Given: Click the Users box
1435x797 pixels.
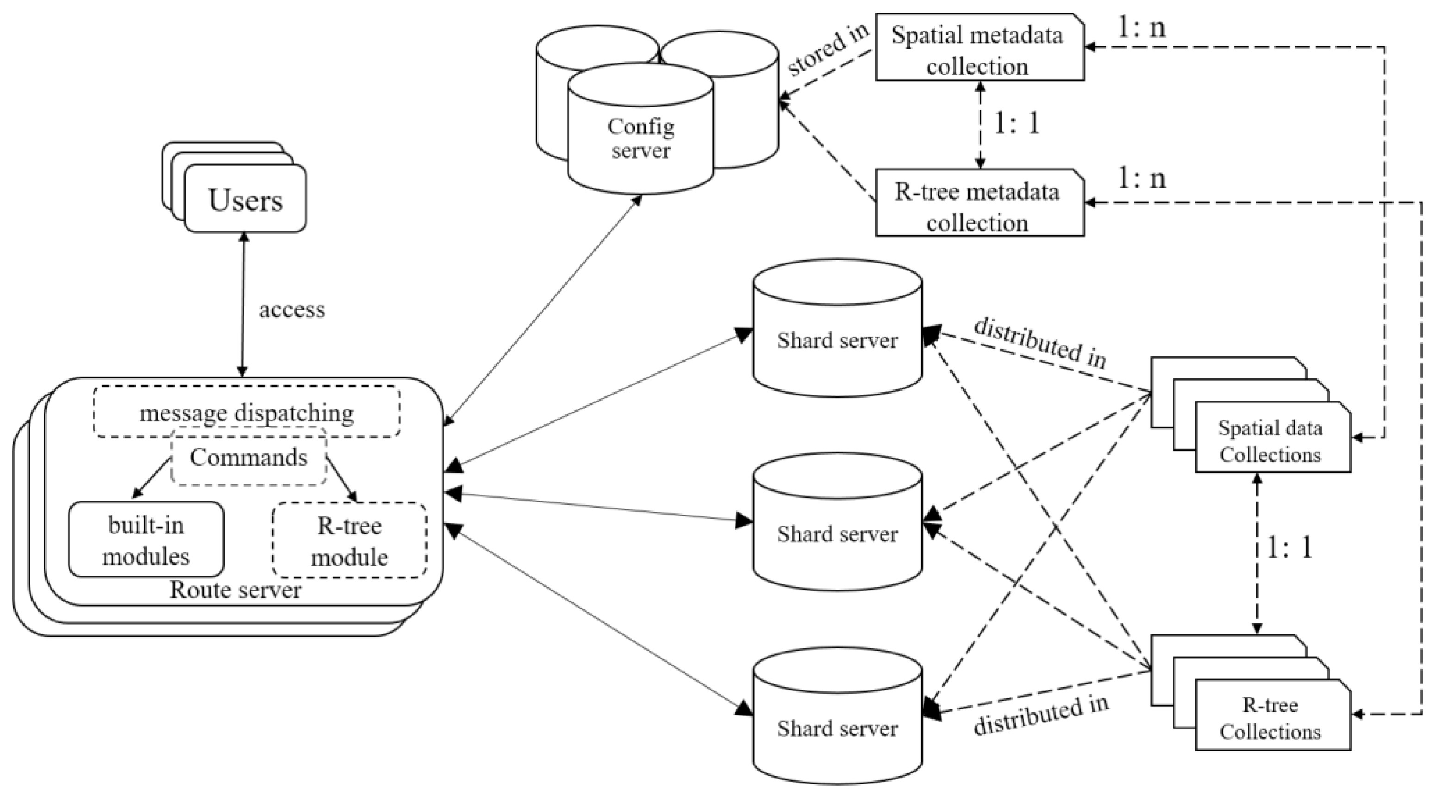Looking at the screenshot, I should pos(245,200).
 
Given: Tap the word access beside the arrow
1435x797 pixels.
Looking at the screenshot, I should pos(291,310).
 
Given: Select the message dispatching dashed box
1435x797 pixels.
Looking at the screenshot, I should pos(246,413).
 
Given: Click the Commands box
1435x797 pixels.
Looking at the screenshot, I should pos(249,458).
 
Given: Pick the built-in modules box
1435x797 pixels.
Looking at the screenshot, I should pos(146,540).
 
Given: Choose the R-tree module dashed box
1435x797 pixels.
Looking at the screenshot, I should pos(349,540).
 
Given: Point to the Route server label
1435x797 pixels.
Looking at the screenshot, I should pos(235,590).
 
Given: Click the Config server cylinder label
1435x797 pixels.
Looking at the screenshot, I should pos(641,138).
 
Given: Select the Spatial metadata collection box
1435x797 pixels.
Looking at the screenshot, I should pos(978,50).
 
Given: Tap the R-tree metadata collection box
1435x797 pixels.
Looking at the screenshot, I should pos(978,206).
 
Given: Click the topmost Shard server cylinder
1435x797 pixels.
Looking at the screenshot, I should pos(837,340).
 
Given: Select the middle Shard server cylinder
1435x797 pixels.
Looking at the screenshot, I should pos(837,534).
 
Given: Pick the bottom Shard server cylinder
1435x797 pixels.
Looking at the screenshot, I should pos(837,728).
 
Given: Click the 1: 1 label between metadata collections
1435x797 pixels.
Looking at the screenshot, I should pos(1017,123).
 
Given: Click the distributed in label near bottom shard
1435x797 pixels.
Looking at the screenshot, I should pos(1041,715).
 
